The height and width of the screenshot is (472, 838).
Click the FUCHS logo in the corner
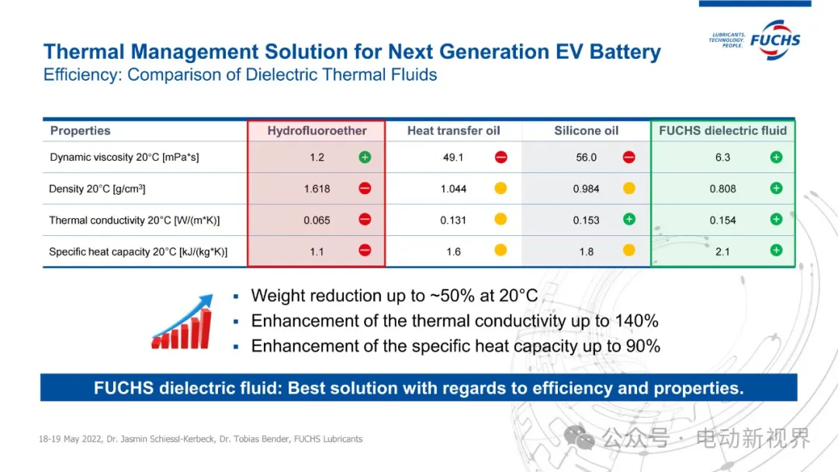[774, 39]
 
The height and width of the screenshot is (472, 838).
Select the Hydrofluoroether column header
[317, 130]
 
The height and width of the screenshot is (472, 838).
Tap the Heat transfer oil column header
[453, 130]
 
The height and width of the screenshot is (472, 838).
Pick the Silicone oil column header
[586, 130]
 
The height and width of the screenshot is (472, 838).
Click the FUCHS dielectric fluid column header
[722, 130]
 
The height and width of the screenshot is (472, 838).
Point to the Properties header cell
[80, 130]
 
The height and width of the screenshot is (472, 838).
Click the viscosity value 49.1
[453, 158]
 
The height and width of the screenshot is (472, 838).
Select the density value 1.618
[317, 189]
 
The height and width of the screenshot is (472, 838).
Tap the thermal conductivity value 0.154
[722, 220]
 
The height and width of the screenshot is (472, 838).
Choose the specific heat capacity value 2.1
[722, 252]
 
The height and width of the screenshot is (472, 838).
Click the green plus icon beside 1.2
[365, 157]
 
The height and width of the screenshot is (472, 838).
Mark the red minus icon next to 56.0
[628, 157]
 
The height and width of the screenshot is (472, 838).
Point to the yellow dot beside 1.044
[500, 188]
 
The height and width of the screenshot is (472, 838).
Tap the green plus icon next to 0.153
[628, 220]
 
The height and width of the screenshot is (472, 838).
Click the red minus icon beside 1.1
[365, 250]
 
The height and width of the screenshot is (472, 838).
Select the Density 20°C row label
[98, 189]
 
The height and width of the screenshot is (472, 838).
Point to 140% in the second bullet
[635, 321]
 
